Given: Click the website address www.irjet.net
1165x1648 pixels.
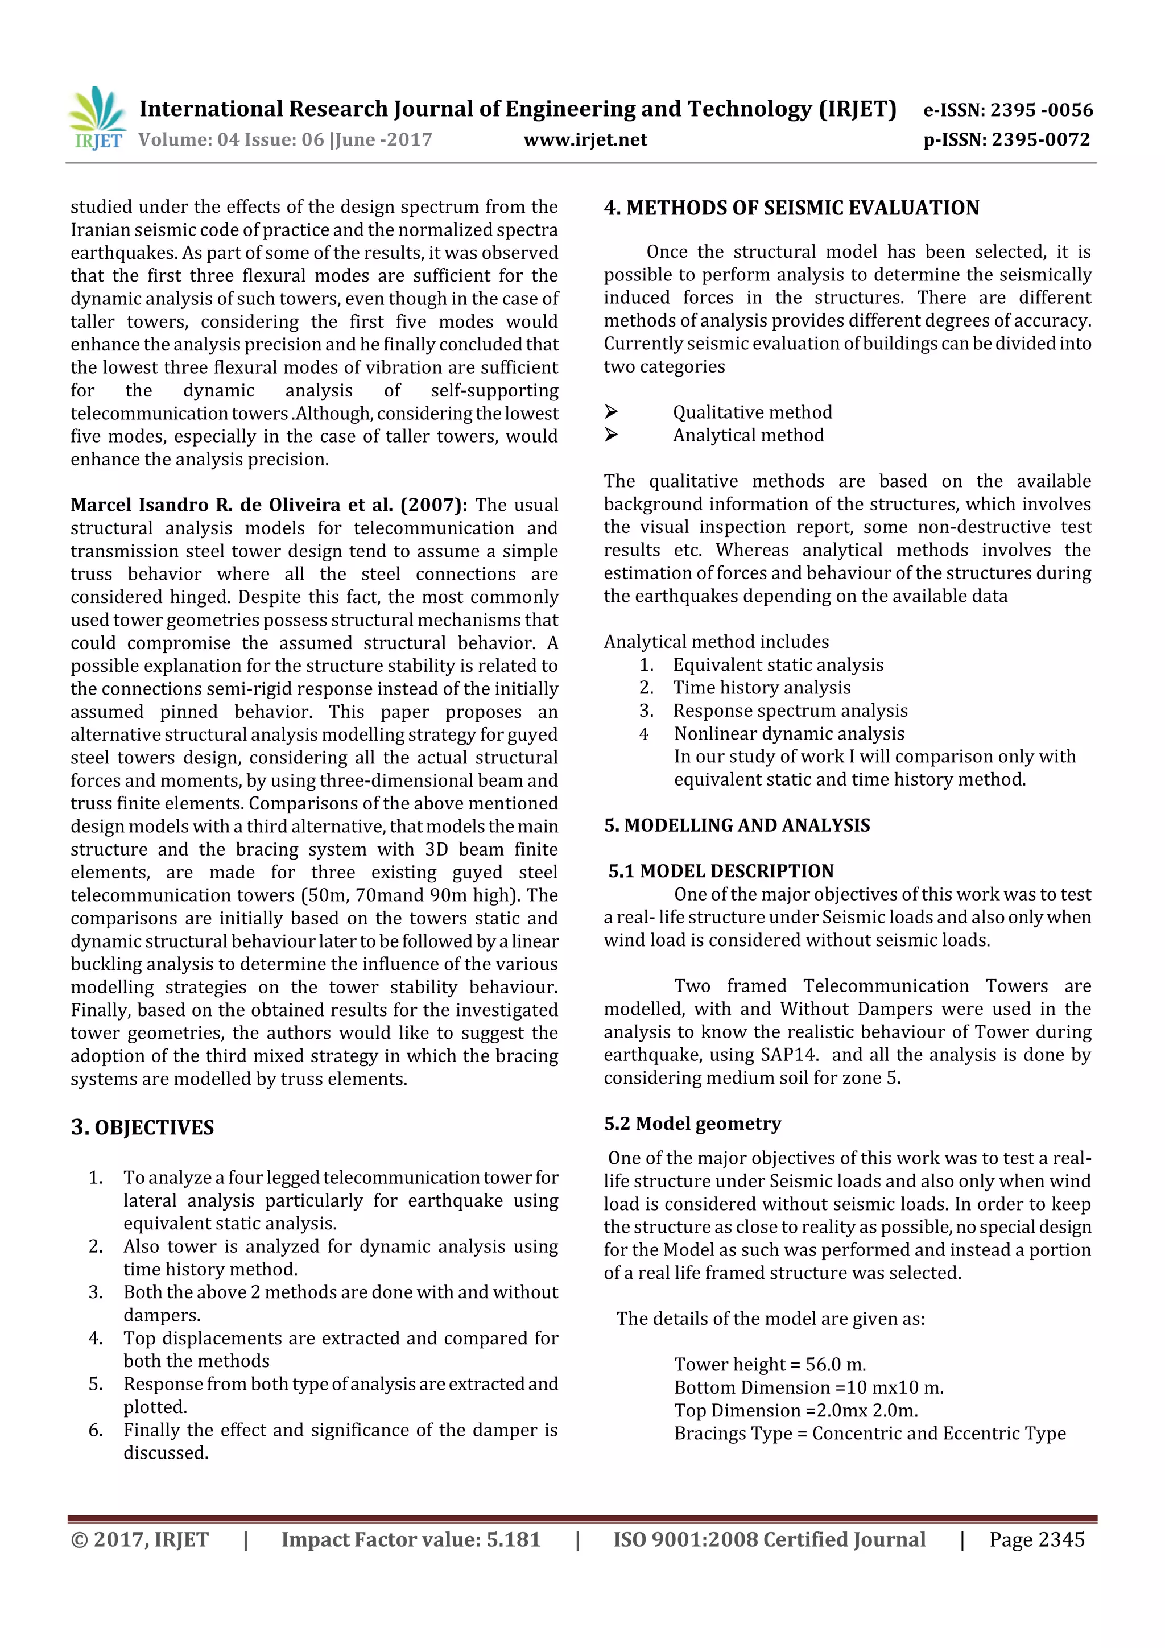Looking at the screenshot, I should (x=585, y=140).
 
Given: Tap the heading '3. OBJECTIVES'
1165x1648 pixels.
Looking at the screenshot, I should (x=142, y=1127).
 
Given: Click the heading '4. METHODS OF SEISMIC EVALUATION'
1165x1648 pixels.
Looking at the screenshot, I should (x=791, y=208).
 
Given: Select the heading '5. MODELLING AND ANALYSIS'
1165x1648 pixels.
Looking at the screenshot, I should (x=737, y=825).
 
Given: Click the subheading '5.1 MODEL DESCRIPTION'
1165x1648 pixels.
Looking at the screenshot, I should (x=721, y=872).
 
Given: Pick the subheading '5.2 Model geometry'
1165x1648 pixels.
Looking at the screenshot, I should (x=692, y=1124).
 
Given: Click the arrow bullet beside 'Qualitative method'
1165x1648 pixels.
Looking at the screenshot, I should (x=611, y=412).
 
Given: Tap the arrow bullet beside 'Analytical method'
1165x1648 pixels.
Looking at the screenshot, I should (x=611, y=435).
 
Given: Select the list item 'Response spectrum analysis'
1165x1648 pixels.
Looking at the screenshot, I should (x=790, y=711).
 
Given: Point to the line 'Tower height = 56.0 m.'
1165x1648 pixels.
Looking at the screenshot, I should (x=770, y=1365).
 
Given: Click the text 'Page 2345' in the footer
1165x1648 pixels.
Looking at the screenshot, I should (x=1036, y=1539).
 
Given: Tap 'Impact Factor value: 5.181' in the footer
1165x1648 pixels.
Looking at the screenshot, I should (x=411, y=1539).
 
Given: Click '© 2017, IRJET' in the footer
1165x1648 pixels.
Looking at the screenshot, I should (x=139, y=1539).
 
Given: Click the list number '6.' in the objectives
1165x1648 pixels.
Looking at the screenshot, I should (x=96, y=1431).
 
